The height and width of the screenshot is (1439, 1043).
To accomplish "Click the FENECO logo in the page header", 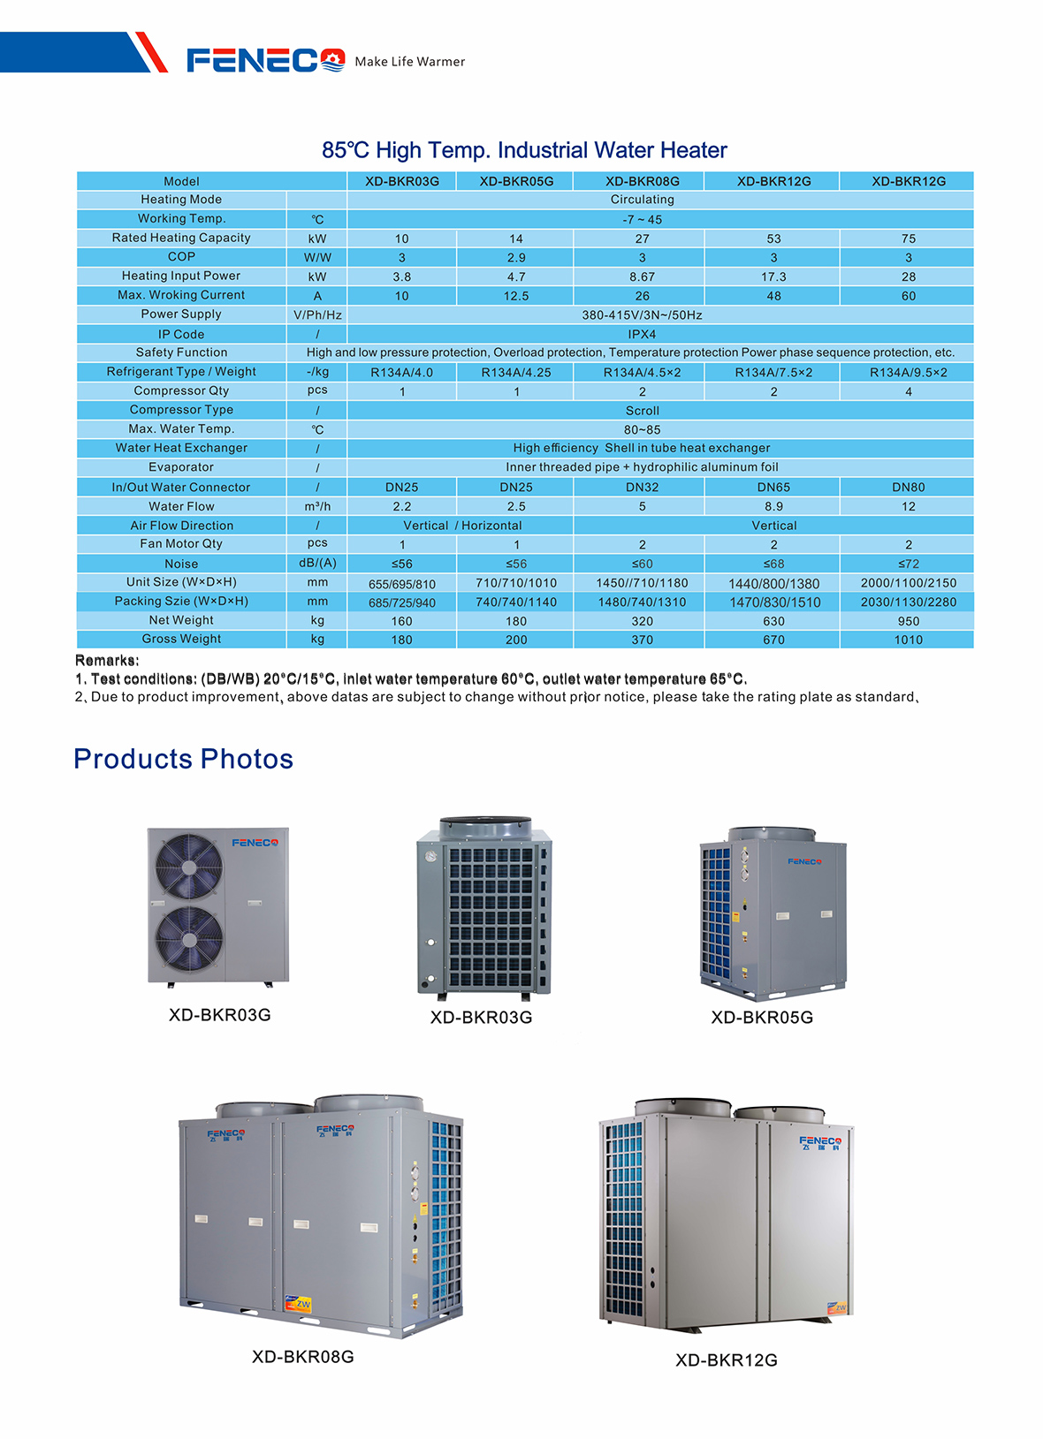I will coord(265,60).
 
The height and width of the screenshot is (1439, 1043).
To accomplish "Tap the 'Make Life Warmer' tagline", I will coord(409,62).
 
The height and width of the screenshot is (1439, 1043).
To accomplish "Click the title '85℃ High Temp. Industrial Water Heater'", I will coord(524,150).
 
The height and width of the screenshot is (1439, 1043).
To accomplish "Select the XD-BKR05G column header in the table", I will coord(516,181).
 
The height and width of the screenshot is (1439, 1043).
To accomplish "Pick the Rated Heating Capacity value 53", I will coord(773,239).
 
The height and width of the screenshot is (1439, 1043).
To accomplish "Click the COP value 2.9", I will coord(516,258).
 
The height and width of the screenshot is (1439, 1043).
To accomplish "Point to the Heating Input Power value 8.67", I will coord(642,276).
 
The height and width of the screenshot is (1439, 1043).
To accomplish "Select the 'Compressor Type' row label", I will coord(181,410).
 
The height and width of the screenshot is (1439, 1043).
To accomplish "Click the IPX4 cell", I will coord(642,335).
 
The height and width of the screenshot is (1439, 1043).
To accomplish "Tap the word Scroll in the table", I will coord(642,411).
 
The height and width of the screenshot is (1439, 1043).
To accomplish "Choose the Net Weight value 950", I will coord(908,621).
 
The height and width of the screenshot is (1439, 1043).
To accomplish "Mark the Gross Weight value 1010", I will coord(908,640).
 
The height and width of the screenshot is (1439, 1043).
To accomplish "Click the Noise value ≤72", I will coord(908,564).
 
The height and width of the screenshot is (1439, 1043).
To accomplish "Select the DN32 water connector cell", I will coord(642,487).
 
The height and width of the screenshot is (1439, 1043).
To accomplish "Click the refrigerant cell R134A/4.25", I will coord(516,373).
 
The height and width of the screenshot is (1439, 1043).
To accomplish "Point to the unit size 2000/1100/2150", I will coord(908,583).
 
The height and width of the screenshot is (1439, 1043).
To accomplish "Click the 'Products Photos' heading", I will coord(183,759).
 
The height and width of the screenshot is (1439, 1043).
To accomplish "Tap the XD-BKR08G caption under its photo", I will coord(302,1357).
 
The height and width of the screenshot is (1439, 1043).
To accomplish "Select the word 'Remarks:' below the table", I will coord(107,661).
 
